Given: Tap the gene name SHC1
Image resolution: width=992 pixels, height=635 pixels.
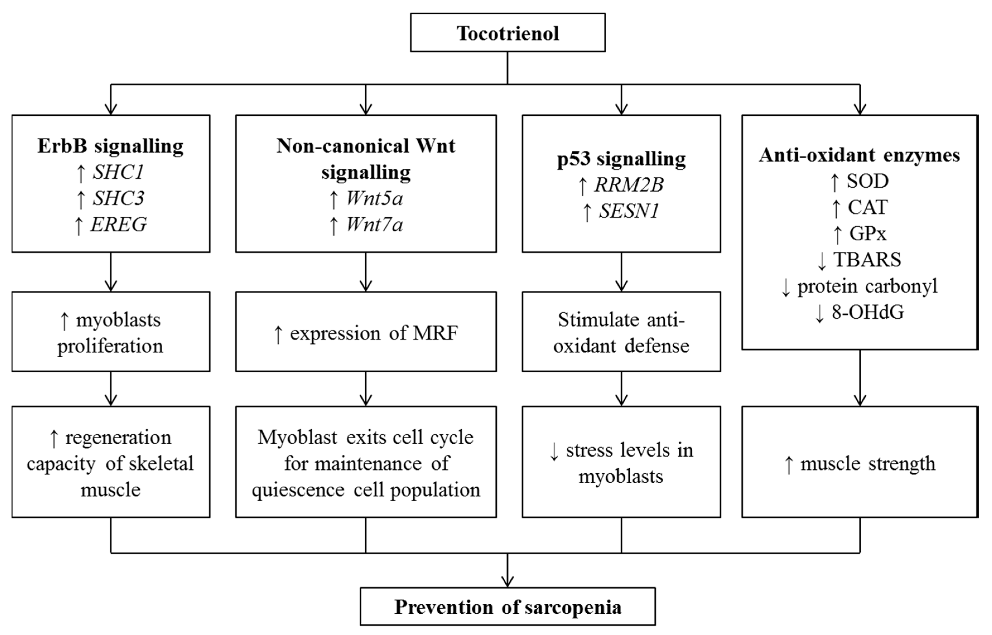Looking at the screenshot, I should (118, 172).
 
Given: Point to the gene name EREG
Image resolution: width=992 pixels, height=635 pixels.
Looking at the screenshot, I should (118, 224).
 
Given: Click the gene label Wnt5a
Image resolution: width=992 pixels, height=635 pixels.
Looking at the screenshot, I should (374, 198).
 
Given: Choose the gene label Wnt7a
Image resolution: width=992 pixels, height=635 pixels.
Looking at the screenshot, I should (374, 225).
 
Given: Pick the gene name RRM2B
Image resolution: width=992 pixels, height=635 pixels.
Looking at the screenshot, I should (629, 185).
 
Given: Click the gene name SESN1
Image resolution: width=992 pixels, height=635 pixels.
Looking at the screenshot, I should (629, 211).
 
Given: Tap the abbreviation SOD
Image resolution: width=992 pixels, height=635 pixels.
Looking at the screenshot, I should (867, 181).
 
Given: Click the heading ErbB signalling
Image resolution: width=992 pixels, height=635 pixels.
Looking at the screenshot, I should (110, 146).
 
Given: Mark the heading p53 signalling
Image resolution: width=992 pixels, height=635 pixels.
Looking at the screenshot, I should (621, 159).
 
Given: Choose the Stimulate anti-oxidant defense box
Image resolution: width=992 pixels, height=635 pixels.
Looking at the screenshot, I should (621, 332).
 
